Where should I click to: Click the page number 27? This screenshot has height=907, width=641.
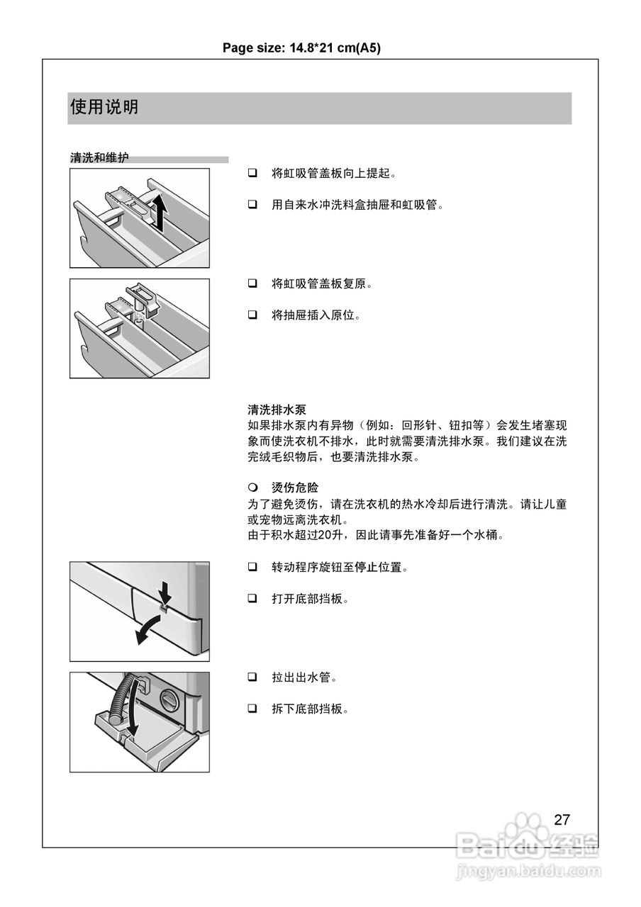coord(562,820)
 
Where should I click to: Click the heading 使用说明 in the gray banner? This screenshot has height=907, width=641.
coord(104,107)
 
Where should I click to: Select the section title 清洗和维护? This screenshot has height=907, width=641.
coord(99,158)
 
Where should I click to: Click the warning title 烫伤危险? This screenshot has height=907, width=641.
coord(295,488)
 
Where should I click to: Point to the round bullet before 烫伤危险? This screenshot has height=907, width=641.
coord(252,488)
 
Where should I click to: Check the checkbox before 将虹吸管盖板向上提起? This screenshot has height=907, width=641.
coord(252,173)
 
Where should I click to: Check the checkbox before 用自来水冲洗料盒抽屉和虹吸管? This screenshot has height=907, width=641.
coord(252,205)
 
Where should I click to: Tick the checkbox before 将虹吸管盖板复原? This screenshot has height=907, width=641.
coord(252,283)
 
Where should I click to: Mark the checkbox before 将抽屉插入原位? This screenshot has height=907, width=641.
coord(252,315)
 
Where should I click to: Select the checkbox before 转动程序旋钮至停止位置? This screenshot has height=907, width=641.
coord(252,567)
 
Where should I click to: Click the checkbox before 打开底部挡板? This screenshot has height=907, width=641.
coord(252,599)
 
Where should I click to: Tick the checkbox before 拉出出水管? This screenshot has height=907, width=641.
coord(252,677)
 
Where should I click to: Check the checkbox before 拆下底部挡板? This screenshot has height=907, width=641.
coord(252,709)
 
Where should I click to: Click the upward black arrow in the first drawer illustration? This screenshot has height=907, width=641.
coord(160,211)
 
